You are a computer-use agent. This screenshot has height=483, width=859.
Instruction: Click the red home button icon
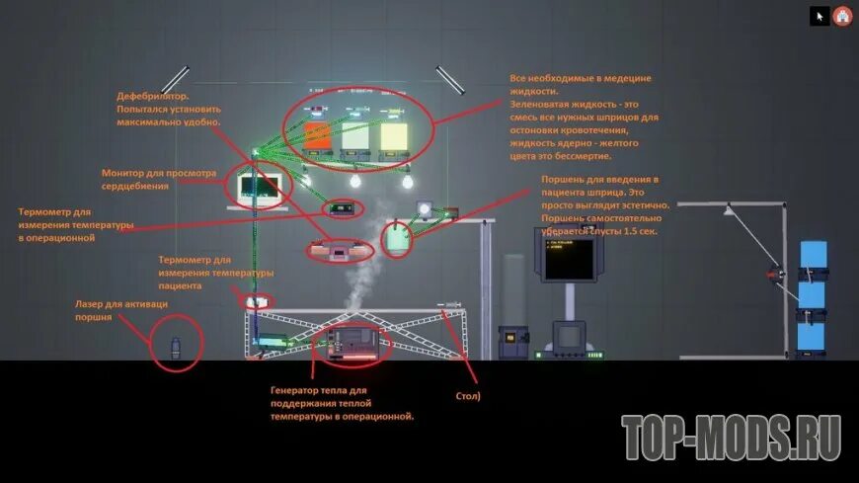[x=842, y=16]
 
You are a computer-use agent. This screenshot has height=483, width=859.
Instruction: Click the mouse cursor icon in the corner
[x=820, y=16]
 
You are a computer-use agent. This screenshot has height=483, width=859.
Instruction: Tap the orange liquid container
[x=316, y=135]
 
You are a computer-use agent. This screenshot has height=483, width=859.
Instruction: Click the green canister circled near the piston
[x=398, y=238]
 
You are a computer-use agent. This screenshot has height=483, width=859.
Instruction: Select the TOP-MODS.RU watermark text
[x=731, y=437]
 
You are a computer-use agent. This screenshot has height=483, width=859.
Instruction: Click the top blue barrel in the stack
[x=813, y=255]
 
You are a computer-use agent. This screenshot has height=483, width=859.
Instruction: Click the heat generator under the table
[x=351, y=343]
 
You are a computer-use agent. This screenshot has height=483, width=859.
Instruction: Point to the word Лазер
[x=92, y=304]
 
